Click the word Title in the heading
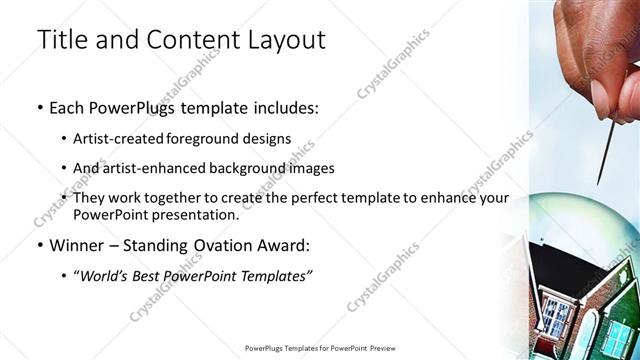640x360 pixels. coord(60,41)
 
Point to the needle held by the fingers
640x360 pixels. coord(602,150)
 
